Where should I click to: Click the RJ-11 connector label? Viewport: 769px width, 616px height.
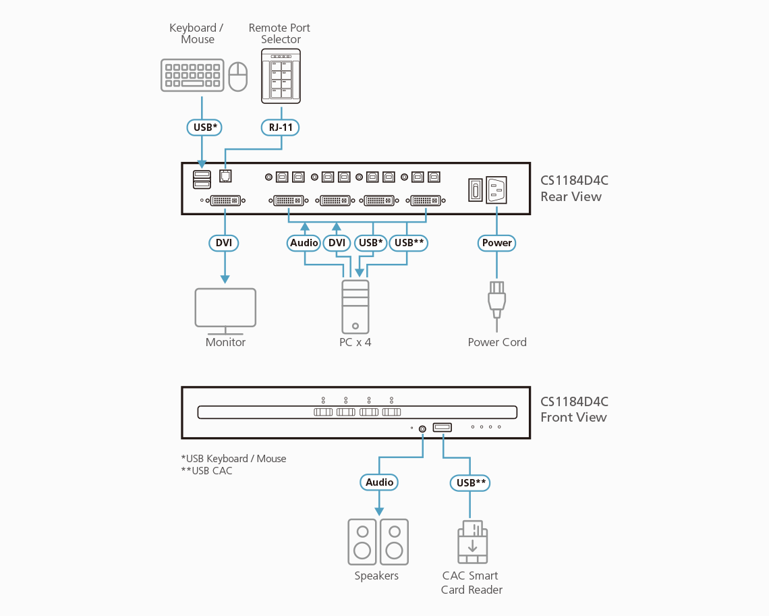point(280,127)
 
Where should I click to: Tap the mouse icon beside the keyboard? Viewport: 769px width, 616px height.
point(238,76)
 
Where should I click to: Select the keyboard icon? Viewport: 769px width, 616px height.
point(192,75)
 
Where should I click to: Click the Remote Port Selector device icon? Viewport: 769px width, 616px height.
point(281,76)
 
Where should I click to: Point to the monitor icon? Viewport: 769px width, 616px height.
point(225,310)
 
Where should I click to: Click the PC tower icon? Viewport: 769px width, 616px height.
point(355,306)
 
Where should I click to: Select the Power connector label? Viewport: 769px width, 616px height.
point(497,243)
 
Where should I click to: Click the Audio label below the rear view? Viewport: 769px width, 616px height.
point(304,243)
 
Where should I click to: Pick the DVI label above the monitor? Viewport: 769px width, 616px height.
point(224,243)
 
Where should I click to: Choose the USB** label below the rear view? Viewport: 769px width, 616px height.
point(409,243)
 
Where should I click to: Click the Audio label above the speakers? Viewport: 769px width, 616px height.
point(379,482)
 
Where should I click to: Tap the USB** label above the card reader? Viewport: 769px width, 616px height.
point(471,482)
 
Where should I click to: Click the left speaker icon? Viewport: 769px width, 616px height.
point(362,542)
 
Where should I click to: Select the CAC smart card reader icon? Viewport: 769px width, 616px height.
point(473,542)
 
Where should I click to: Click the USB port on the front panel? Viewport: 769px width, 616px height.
point(443,427)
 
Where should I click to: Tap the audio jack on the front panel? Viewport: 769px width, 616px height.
point(423,428)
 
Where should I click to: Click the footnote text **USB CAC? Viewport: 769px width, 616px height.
point(206,471)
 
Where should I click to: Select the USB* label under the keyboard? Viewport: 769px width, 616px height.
point(203,127)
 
